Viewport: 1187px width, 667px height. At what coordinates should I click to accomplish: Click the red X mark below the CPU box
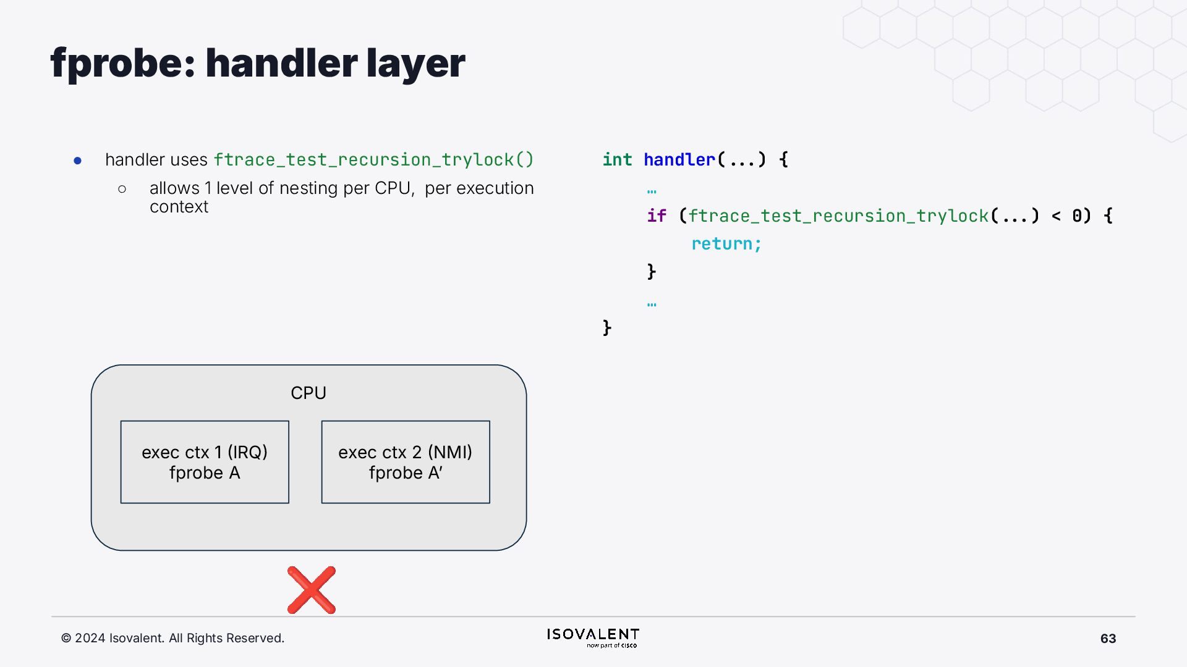(312, 590)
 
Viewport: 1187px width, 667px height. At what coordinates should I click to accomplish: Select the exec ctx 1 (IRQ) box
(205, 462)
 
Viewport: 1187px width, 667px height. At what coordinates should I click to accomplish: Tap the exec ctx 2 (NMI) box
(406, 462)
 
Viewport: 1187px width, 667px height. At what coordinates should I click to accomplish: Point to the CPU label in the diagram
(308, 393)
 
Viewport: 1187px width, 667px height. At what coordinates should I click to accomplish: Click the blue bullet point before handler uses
(78, 161)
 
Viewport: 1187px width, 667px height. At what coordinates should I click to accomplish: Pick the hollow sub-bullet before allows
(122, 189)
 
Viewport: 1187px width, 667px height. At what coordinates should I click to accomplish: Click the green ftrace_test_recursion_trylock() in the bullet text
(373, 160)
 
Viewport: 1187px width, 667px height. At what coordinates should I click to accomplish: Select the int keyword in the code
(617, 160)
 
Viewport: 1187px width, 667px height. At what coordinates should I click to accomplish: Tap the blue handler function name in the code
(679, 160)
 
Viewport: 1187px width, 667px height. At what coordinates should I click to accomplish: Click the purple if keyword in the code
(657, 216)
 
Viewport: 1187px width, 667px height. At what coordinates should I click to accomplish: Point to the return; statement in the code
(726, 244)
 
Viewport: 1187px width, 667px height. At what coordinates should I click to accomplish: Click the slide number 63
(1108, 639)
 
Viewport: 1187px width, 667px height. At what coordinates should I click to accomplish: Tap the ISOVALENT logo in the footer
(593, 637)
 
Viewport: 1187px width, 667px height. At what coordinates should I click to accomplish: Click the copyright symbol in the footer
(66, 639)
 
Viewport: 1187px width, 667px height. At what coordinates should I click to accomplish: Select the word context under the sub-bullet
(179, 207)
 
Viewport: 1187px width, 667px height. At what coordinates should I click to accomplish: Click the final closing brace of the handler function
(607, 327)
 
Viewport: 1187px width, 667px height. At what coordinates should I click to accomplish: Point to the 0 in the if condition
(1077, 216)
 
